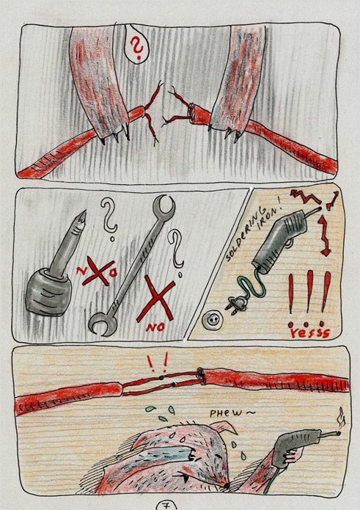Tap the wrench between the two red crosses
coord(132,264)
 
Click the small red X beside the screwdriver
coord(98,273)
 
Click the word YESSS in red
coord(309,332)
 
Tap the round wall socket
coord(210,321)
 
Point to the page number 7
coord(166,506)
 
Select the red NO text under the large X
coord(155,327)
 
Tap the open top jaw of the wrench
coord(165,205)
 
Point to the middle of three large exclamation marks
coord(309,293)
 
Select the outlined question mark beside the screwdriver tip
coord(109,217)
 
